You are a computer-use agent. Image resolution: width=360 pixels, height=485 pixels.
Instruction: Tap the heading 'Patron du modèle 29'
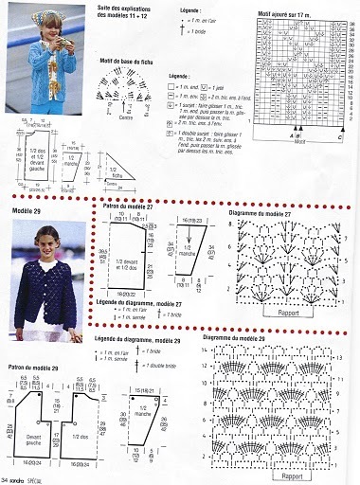(x=37, y=367)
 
